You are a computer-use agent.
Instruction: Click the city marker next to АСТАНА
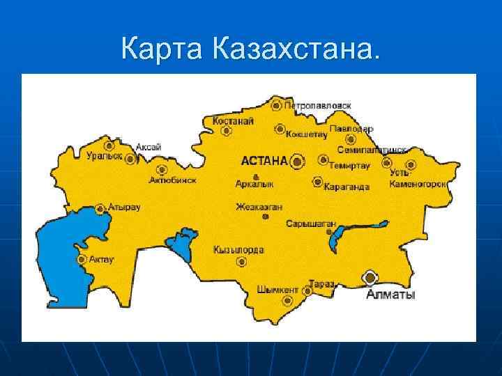pos(298,162)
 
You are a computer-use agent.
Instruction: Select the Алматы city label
pos(390,295)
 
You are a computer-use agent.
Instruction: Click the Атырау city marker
pos(101,207)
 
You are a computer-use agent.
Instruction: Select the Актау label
pos(102,259)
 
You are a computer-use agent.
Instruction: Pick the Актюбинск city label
pos(172,180)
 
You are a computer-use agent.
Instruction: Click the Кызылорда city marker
pos(242,263)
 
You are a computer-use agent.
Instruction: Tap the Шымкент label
pos(277,290)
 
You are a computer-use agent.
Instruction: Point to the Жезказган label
pos(258,207)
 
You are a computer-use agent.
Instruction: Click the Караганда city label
pos(347,187)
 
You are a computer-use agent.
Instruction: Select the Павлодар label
pos(351,129)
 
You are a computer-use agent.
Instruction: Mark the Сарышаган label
pos(311,224)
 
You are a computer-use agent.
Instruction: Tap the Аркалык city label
pos(254,184)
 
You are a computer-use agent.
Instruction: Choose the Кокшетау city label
pos(307,134)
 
